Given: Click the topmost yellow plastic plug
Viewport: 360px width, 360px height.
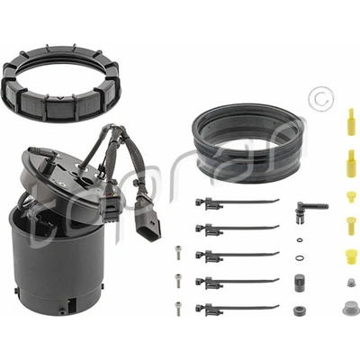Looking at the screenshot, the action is point(351,122).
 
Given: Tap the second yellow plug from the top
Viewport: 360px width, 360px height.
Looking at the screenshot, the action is point(351,163).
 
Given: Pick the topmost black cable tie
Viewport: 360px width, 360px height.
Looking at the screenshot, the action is point(237,202).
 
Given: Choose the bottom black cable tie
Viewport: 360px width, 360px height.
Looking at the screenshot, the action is point(237,309).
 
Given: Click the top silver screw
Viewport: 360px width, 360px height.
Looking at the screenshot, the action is point(178,253).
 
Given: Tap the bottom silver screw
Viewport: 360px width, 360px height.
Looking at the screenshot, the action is point(178,309).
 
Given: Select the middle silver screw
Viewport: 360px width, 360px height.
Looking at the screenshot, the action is point(178,281).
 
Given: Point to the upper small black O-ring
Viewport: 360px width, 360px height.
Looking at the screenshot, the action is point(300,240).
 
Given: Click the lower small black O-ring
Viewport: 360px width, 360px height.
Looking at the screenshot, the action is point(299,257).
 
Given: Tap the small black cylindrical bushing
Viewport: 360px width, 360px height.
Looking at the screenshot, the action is point(299,282).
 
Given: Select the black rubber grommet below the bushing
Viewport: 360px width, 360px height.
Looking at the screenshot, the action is point(299,310).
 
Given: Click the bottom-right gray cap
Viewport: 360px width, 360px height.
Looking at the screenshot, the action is point(350,308).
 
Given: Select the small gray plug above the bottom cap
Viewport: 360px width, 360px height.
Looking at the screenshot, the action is point(350,283).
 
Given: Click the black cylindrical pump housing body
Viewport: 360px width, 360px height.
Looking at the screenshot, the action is point(57,264).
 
